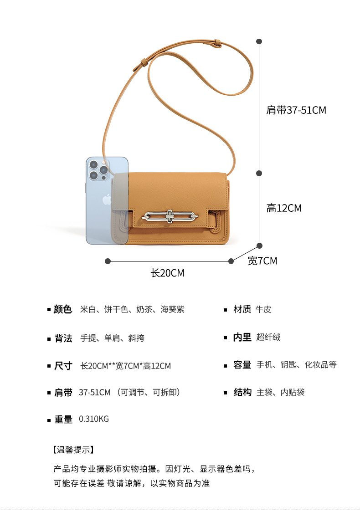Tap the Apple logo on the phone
[x=107, y=199]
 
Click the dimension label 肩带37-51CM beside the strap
[x=296, y=110]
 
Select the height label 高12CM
[x=284, y=208]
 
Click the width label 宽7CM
[x=262, y=261]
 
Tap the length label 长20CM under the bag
[x=168, y=273]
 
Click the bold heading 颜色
[x=63, y=310]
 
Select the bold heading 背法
[x=63, y=338]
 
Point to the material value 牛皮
[x=263, y=310]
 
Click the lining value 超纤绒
[x=268, y=338]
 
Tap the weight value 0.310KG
[x=94, y=419]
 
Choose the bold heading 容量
[x=242, y=365]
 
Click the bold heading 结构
[x=242, y=392]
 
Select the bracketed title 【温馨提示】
[x=73, y=450]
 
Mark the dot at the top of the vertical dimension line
[x=259, y=41]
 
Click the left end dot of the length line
[x=108, y=261]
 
